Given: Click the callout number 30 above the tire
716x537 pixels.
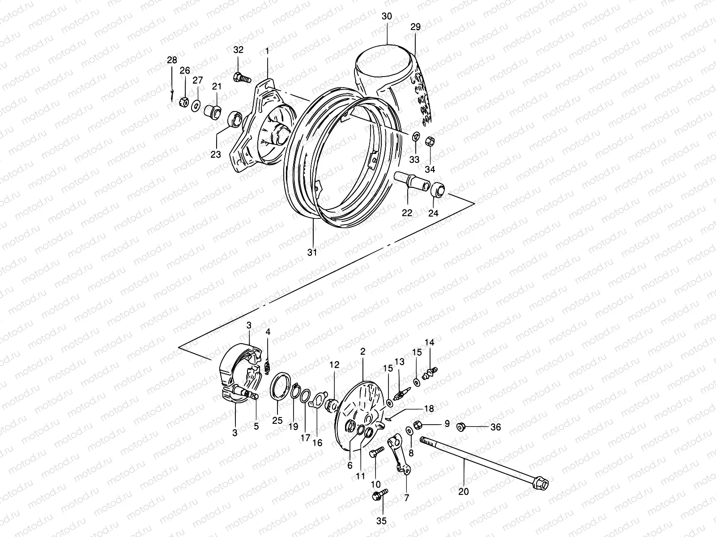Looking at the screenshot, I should coord(387,16).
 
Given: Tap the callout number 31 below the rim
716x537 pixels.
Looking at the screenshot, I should coord(312,252).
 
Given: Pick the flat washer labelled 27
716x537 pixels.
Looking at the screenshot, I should coord(196,106).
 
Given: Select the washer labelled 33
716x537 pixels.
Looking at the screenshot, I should coord(415,136).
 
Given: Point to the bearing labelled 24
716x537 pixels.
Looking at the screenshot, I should coord(438,189).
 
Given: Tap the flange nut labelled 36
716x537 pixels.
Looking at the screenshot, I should coord(462,426).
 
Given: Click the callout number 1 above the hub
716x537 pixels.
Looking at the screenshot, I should coord(267,51).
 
